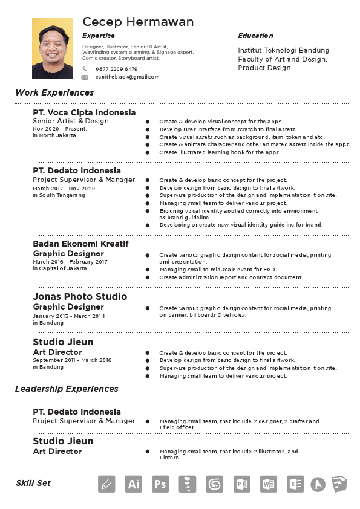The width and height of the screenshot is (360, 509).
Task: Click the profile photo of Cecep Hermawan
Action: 52,48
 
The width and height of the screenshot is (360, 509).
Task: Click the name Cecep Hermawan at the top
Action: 138,22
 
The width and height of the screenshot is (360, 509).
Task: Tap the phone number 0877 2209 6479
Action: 117,69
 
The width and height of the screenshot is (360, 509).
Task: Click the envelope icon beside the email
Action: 85,77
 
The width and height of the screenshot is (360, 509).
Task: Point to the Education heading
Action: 255,36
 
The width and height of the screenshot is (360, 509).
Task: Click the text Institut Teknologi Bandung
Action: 283,50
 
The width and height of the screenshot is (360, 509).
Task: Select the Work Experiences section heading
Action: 54,92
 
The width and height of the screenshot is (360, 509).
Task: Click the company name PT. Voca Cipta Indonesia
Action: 84,112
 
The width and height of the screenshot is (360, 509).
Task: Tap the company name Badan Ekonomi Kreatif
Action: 80,244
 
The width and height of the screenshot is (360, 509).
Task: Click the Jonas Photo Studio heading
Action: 80,296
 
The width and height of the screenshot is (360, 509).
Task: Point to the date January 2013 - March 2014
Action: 68,316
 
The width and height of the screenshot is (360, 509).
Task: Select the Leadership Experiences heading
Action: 67,389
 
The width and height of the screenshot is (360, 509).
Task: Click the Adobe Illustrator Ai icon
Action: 133,484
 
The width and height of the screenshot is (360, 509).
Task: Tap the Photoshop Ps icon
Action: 160,484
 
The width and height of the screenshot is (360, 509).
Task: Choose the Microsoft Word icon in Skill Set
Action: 268,484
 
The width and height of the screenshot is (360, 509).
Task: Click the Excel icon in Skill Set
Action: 295,484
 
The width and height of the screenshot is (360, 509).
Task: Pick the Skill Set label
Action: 33,483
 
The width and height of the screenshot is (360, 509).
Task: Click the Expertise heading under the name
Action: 98,36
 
